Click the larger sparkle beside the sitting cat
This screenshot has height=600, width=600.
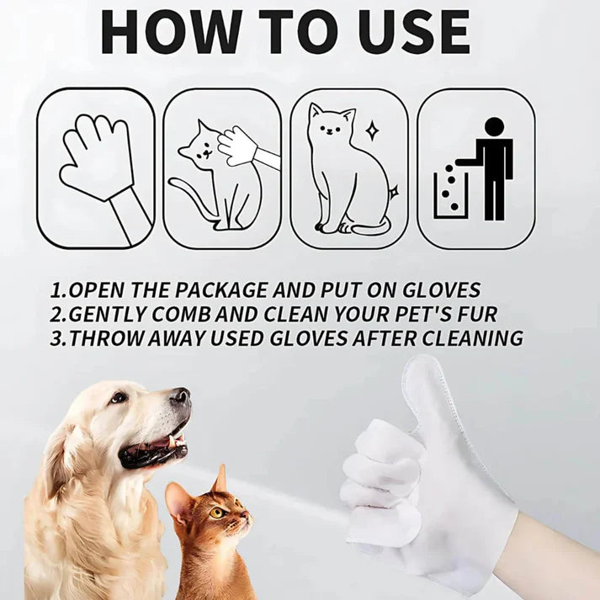(x=371, y=130)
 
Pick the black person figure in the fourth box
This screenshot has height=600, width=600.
(x=493, y=164)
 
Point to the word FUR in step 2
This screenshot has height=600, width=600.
(x=475, y=315)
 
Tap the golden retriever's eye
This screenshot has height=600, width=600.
(x=119, y=397)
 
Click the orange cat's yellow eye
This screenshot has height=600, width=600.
(x=215, y=512)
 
